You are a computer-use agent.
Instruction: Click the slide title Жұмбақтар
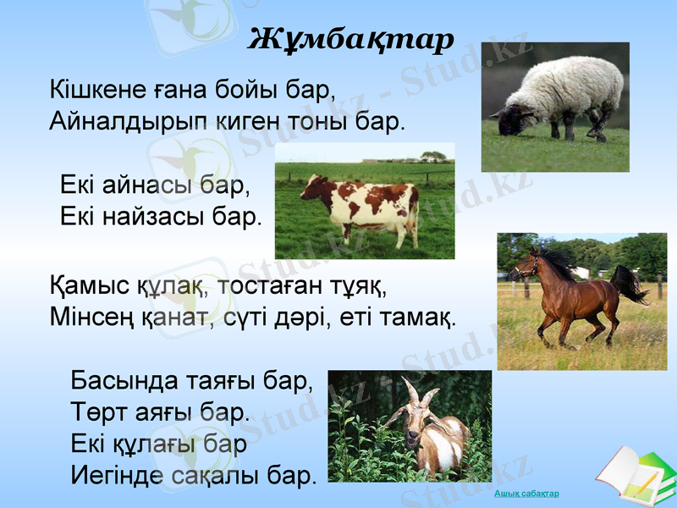[x=350, y=38]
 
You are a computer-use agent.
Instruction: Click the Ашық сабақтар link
[x=526, y=494]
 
